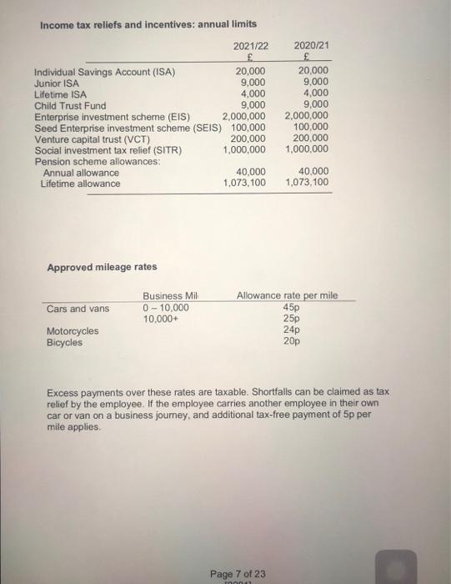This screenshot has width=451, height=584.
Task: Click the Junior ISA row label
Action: tap(57, 83)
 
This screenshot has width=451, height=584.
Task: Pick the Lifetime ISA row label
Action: tap(60, 94)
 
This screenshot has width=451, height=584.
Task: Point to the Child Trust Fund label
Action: tap(70, 106)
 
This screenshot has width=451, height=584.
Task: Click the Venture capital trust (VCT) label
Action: tap(92, 138)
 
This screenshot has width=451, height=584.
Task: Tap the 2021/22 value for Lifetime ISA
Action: tap(253, 94)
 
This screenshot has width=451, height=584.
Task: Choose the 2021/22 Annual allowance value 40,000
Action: tap(252, 171)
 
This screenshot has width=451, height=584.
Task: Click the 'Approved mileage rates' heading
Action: tap(101, 267)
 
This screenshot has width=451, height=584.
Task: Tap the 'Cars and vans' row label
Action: tap(78, 309)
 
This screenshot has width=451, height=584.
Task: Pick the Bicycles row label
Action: tap(64, 342)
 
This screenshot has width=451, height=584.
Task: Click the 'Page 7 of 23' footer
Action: tap(238, 573)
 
